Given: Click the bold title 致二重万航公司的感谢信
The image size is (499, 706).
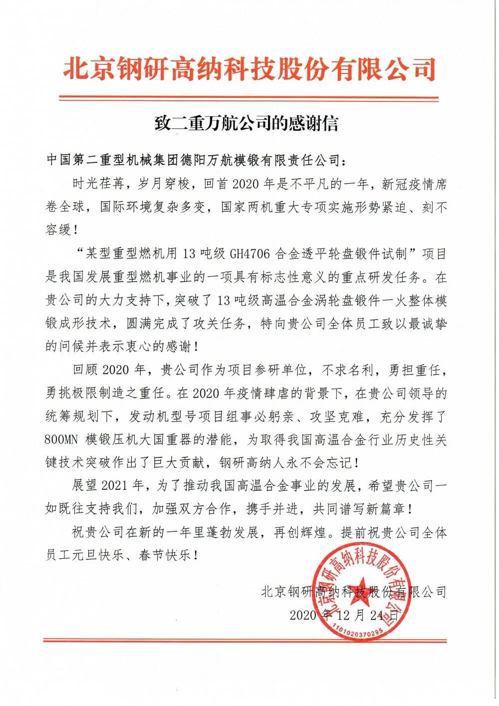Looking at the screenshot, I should tap(246, 123).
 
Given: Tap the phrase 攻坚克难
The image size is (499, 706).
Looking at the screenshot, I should tap(348, 416).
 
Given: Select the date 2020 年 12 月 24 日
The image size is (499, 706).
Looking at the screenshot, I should tap(344, 615).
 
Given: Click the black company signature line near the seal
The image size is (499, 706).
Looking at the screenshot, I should tap(353, 592).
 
